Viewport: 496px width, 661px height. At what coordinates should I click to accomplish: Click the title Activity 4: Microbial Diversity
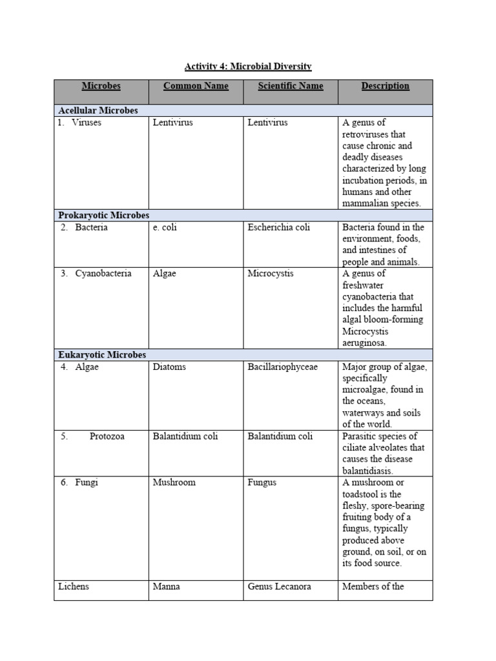(248, 66)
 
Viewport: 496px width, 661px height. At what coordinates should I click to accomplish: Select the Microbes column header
(101, 86)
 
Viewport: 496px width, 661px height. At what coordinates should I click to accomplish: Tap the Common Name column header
(196, 86)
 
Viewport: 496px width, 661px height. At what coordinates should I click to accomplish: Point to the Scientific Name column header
(291, 86)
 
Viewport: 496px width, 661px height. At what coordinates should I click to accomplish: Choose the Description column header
(385, 86)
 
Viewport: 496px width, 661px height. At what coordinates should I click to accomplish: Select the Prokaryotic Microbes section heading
(104, 215)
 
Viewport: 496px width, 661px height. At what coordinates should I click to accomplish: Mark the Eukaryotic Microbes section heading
(102, 354)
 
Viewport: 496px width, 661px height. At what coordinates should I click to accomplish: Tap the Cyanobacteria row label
(103, 273)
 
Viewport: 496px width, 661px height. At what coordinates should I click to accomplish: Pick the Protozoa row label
(107, 436)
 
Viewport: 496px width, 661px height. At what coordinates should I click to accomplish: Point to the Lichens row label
(73, 587)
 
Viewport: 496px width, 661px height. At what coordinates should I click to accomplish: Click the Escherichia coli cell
(279, 227)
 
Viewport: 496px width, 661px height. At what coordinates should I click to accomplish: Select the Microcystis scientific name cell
(270, 273)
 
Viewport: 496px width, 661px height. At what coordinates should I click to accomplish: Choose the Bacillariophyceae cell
(282, 367)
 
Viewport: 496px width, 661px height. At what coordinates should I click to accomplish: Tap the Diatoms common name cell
(169, 367)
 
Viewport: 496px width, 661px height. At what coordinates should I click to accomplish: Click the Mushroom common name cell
(174, 482)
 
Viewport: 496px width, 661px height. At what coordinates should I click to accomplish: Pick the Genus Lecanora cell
(279, 587)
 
